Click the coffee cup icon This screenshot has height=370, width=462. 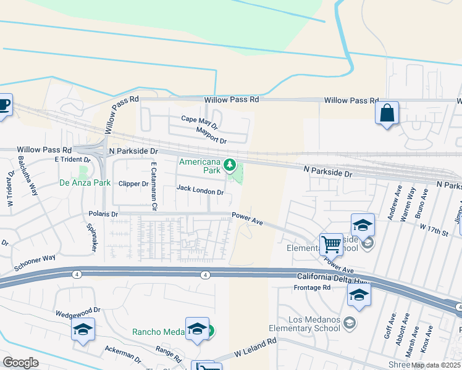tap(4, 105)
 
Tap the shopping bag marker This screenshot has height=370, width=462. tap(387, 113)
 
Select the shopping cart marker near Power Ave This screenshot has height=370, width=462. tap(332, 245)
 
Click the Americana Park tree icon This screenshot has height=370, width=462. tap(230, 165)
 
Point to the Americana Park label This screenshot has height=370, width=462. tap(199, 165)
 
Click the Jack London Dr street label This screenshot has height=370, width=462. tap(200, 191)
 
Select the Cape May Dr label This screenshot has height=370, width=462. tap(199, 121)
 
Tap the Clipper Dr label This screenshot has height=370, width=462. tap(133, 184)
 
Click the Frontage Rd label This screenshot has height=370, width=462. tap(313, 287)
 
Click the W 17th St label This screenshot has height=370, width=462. tap(432, 231)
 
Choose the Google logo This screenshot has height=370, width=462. tap(20, 363)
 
